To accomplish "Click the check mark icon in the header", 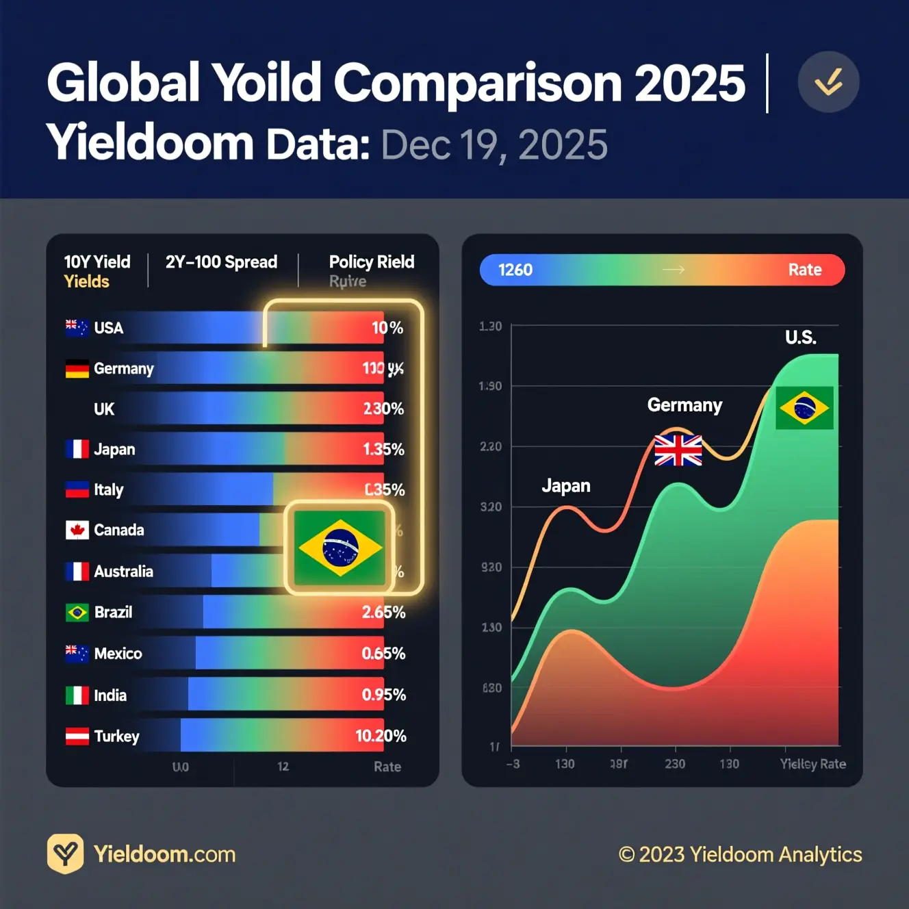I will [828, 82].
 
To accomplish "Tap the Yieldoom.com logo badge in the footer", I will [65, 854].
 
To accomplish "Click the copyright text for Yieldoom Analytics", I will [740, 854].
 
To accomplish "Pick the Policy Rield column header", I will [371, 262].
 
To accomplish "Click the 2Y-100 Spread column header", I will [221, 262].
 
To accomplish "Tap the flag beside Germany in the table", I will [77, 369].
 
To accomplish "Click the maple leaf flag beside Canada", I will [77, 530].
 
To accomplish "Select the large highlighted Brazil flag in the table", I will [340, 548].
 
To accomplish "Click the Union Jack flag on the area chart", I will [678, 450].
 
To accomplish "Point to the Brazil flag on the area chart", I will [804, 408].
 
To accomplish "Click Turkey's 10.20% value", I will [381, 736].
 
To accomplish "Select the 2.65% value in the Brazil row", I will [383, 612].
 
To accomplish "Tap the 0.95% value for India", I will [383, 695].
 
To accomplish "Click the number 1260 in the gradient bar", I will [515, 270].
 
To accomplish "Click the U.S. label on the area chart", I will [800, 337].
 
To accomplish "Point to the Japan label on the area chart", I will [565, 486].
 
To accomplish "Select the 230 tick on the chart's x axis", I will [675, 764].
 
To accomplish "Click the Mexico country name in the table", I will [118, 654].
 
